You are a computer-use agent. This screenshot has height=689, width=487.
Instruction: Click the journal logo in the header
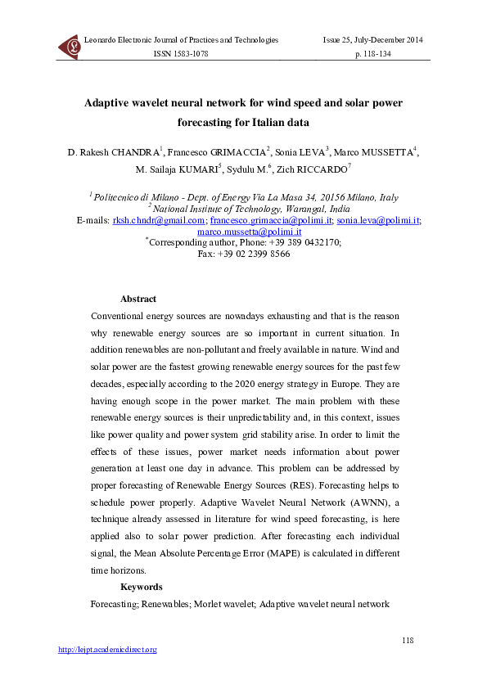pyautogui.click(x=69, y=47)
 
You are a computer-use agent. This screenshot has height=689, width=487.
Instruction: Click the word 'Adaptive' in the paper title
pyautogui.click(x=113, y=104)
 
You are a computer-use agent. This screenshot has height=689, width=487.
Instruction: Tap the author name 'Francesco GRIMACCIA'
pyautogui.click(x=217, y=152)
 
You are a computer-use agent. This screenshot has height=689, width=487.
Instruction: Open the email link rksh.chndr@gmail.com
pyautogui.click(x=158, y=221)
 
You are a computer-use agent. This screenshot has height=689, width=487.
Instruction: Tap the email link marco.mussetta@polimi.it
pyautogui.click(x=244, y=232)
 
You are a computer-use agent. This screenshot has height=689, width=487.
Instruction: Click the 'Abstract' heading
pyautogui.click(x=138, y=299)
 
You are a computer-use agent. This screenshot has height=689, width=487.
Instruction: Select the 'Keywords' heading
pyautogui.click(x=141, y=587)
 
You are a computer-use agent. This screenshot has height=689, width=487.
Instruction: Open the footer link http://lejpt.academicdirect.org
pyautogui.click(x=106, y=650)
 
